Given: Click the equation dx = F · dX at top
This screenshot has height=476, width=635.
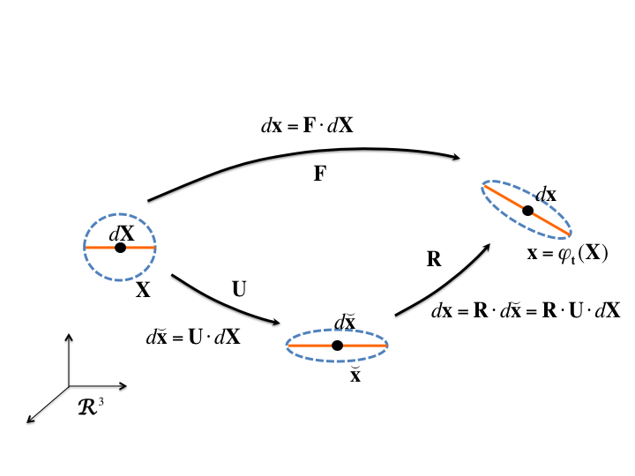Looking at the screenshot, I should click(x=308, y=126).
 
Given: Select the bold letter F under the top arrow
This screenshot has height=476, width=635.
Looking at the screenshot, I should click(x=320, y=175).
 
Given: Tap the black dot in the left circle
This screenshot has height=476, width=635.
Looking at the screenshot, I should click(x=120, y=248).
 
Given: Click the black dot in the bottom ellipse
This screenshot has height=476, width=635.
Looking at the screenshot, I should click(x=337, y=346).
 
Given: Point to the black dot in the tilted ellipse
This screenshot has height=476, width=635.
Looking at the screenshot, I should click(x=527, y=211).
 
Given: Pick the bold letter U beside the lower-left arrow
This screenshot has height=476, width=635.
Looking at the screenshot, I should click(x=239, y=289).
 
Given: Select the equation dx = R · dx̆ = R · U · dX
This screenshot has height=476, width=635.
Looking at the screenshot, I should click(x=526, y=310).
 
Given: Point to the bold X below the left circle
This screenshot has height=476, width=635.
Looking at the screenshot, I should click(x=143, y=290).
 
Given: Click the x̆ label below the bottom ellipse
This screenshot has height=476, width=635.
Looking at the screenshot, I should click(x=355, y=375).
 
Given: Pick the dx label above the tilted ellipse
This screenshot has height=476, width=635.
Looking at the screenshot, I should click(x=545, y=195).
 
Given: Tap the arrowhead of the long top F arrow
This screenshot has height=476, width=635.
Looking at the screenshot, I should click(x=457, y=158).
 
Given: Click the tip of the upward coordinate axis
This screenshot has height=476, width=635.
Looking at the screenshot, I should click(x=69, y=334).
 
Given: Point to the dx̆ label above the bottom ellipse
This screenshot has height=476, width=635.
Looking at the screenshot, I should click(x=345, y=323).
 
